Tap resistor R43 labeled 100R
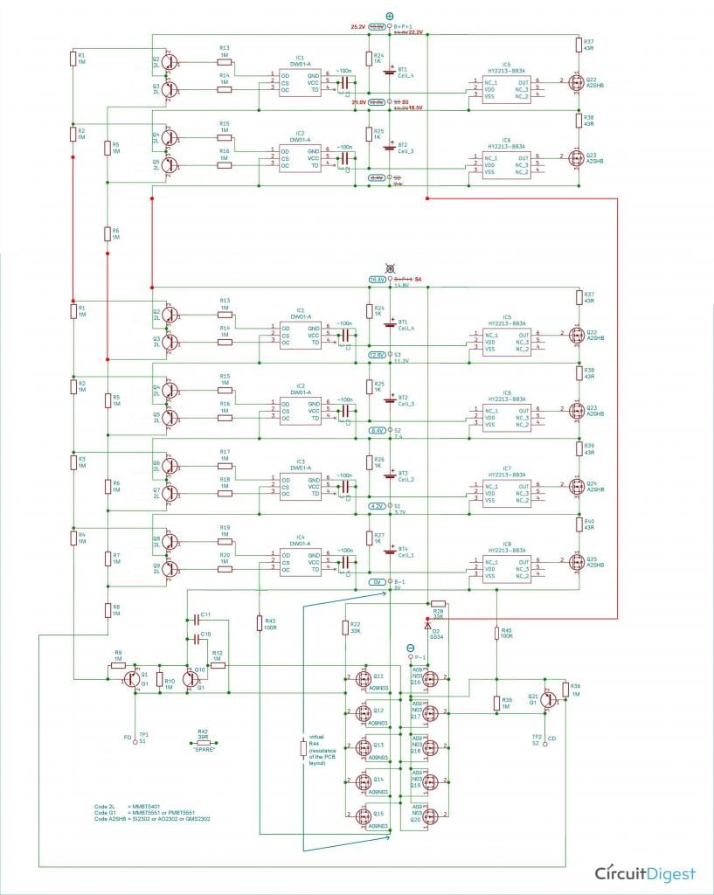259,622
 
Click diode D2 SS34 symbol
427,626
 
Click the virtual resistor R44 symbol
303,749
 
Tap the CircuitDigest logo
645,873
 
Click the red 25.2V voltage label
357,27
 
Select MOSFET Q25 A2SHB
575,561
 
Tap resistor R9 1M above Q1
119,665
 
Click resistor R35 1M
496,704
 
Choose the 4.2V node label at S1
377,506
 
